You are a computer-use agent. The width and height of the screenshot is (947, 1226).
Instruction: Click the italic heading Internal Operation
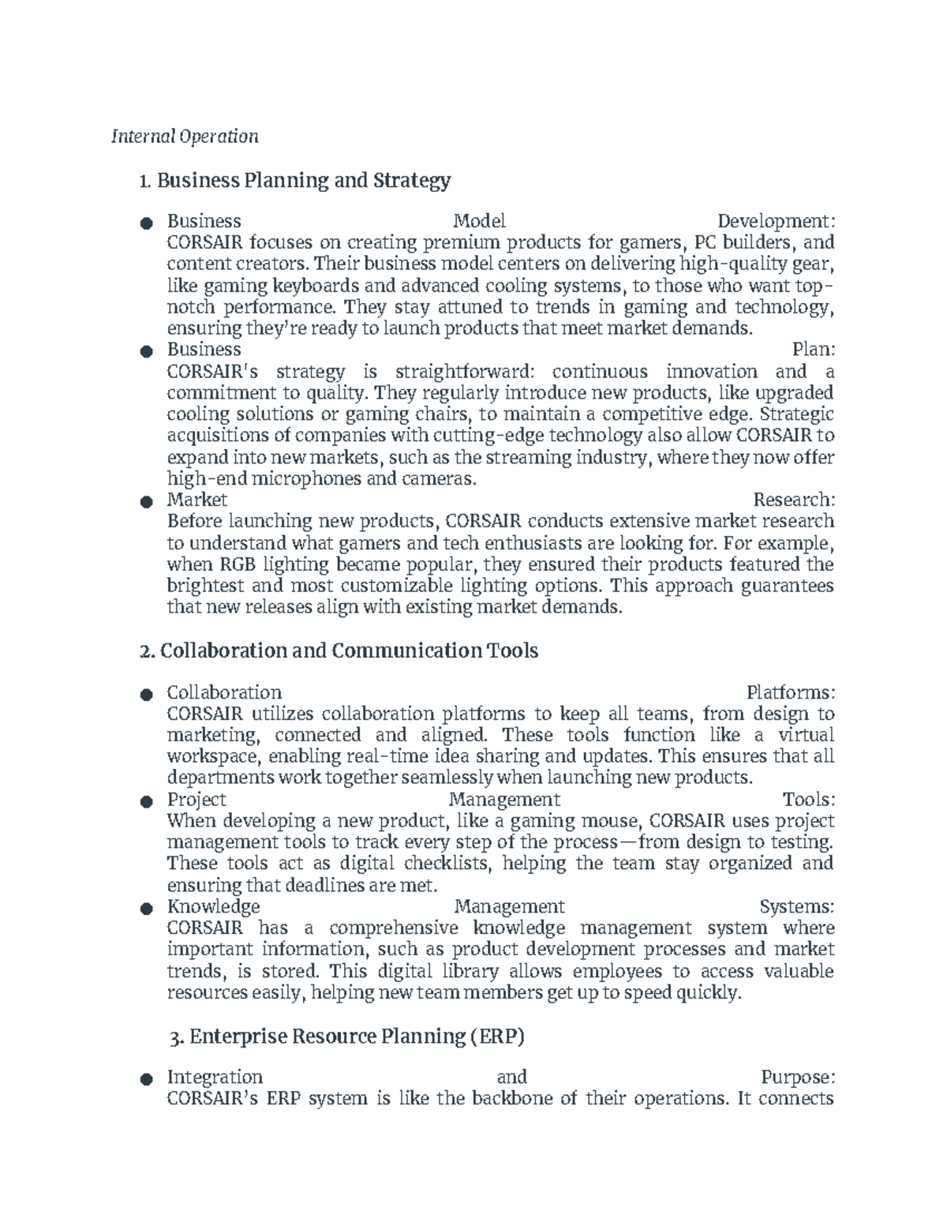point(185,137)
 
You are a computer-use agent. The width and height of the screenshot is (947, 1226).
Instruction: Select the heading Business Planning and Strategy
point(294,181)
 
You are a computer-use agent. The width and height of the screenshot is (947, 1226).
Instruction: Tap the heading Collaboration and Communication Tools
point(338,650)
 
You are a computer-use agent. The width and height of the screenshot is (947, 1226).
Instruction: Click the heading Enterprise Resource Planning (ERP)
point(347,1036)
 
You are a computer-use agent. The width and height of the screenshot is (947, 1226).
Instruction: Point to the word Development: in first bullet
point(775,221)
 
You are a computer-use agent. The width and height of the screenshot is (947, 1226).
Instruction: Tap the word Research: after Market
point(793,500)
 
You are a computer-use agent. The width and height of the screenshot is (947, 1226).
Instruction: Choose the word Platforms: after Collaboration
point(790,692)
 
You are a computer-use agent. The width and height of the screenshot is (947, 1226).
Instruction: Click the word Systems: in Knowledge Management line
point(795,906)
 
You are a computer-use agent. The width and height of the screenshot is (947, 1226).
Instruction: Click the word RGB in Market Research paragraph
point(238,564)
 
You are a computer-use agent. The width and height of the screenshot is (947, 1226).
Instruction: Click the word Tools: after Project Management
point(808,800)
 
